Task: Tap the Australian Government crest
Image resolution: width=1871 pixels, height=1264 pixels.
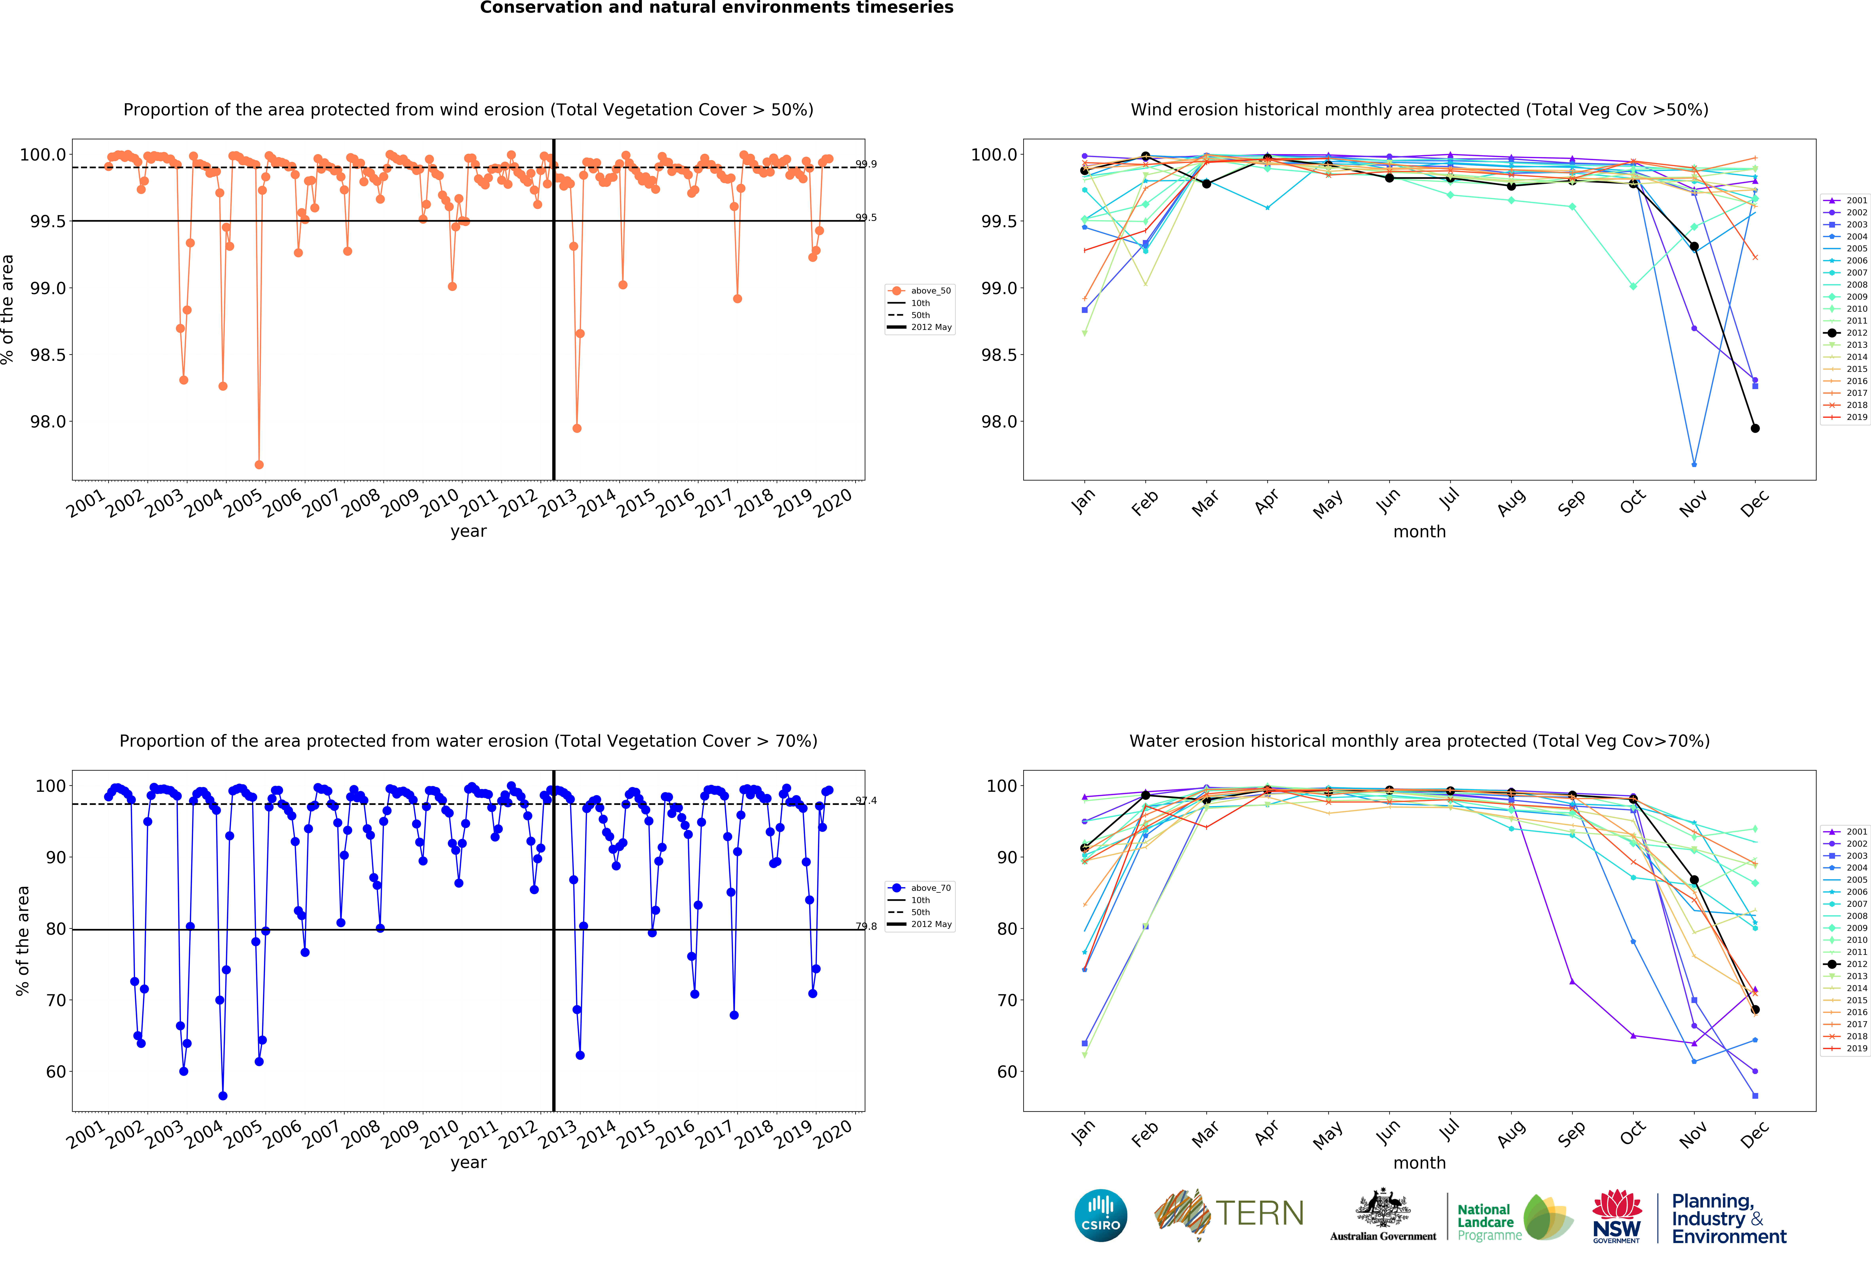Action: click(1382, 1208)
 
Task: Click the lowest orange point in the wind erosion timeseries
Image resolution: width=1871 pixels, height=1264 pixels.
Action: click(258, 464)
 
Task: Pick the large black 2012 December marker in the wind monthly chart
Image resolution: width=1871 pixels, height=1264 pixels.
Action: click(1755, 428)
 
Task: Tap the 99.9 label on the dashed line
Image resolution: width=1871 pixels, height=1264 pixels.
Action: click(866, 164)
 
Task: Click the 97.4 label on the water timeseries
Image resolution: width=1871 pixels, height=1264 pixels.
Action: click(866, 800)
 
